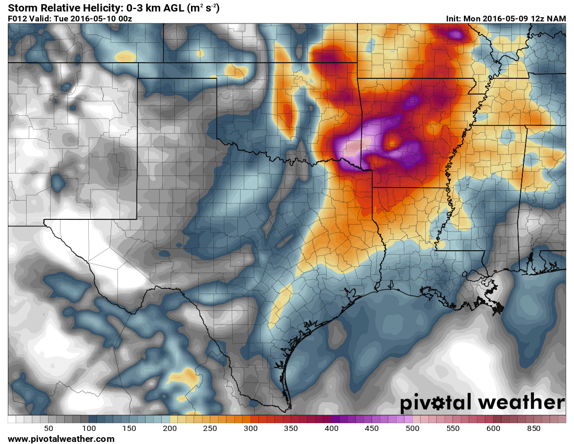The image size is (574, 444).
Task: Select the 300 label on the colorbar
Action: tap(250, 428)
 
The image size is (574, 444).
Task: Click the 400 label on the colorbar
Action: tap(331, 428)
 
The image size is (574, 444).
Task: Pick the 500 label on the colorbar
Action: tap(412, 428)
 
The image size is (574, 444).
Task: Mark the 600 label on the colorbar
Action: tap(493, 428)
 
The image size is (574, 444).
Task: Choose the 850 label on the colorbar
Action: tap(533, 428)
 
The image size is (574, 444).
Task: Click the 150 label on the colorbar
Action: tap(129, 428)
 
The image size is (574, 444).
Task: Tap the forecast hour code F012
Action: tap(18, 18)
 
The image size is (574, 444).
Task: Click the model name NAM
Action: tap(556, 18)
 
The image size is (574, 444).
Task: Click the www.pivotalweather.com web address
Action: tap(61, 439)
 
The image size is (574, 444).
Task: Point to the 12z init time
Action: tap(536, 18)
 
